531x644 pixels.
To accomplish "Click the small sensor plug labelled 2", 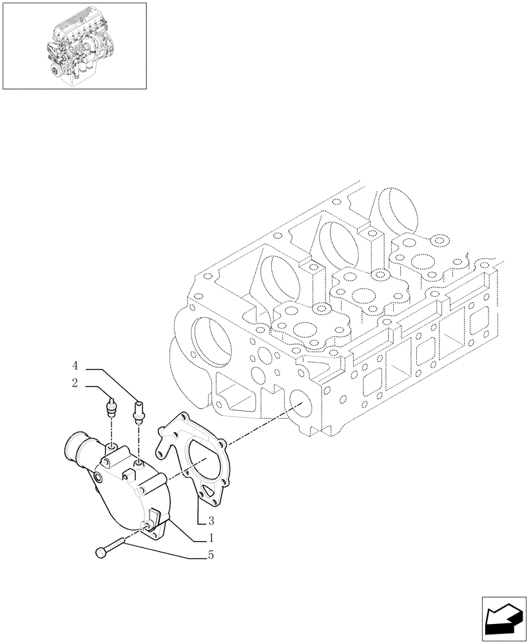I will tap(111, 408).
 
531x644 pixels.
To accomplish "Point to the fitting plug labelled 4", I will tap(138, 410).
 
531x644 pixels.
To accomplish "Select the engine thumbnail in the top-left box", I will tap(74, 45).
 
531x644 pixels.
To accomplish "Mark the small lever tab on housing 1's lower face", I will tap(155, 515).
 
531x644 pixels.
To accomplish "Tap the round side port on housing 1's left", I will tap(97, 477).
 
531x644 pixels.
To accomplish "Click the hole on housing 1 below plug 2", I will tap(111, 446).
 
